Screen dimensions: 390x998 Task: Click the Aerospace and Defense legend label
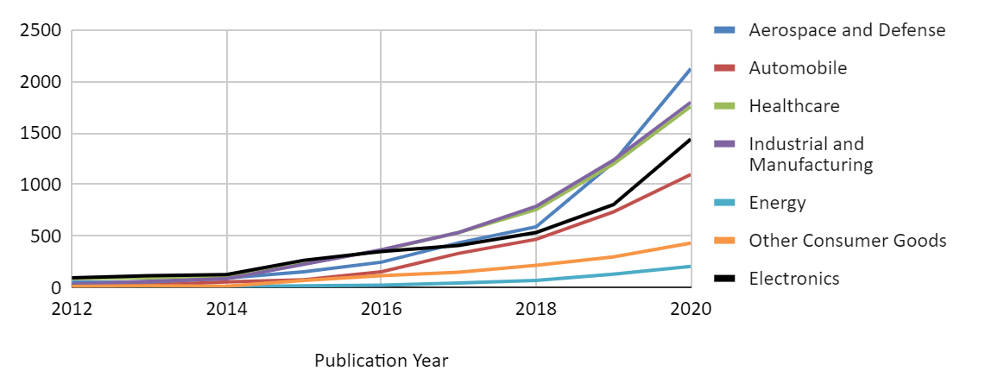pyautogui.click(x=847, y=30)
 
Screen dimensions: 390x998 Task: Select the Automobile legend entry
pyautogui.click(x=798, y=68)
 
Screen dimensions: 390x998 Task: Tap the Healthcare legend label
pyautogui.click(x=794, y=106)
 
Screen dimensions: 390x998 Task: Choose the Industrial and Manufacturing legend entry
pyautogui.click(x=811, y=154)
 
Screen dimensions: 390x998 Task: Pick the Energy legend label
pyautogui.click(x=777, y=203)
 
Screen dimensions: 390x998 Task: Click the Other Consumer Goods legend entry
pyautogui.click(x=847, y=241)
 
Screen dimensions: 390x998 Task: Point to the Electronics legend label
pyautogui.click(x=794, y=279)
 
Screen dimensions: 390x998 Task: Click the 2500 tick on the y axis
pyautogui.click(x=41, y=31)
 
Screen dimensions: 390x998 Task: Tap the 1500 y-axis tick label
pyautogui.click(x=41, y=134)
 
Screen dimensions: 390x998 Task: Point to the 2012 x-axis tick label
pyautogui.click(x=73, y=308)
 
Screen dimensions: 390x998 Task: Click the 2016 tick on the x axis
pyautogui.click(x=382, y=308)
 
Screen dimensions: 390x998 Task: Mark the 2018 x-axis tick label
pyautogui.click(x=536, y=308)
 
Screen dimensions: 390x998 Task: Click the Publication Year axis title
pyautogui.click(x=382, y=361)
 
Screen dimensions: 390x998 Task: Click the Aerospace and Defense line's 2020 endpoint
pyautogui.click(x=690, y=69)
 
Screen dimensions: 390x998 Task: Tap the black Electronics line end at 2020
pyautogui.click(x=690, y=140)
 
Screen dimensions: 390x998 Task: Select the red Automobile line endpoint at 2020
pyautogui.click(x=690, y=175)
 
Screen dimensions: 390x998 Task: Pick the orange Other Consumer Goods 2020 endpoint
pyautogui.click(x=690, y=243)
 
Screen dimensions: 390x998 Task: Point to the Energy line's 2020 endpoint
pyautogui.click(x=690, y=267)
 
